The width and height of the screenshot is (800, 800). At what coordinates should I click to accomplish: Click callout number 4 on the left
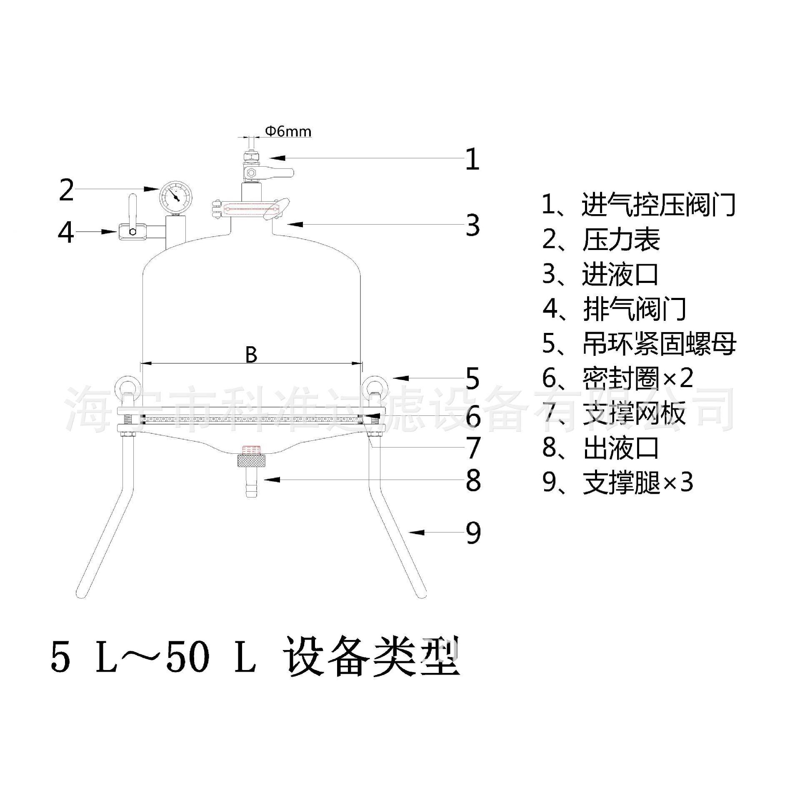pos(66,232)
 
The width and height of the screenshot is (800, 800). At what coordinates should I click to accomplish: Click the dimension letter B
pos(251,355)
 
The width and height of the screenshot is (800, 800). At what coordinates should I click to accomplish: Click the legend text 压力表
pos(621,240)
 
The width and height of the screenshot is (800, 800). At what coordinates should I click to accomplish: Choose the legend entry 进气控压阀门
pos(658,205)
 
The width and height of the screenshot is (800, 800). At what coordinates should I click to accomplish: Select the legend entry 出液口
pos(621,448)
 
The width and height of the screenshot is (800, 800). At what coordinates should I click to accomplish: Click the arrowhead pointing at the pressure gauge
pos(152,189)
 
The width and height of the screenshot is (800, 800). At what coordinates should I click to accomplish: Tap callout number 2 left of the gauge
pos(66,190)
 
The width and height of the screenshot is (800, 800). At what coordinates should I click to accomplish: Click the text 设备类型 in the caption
pos(372,661)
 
